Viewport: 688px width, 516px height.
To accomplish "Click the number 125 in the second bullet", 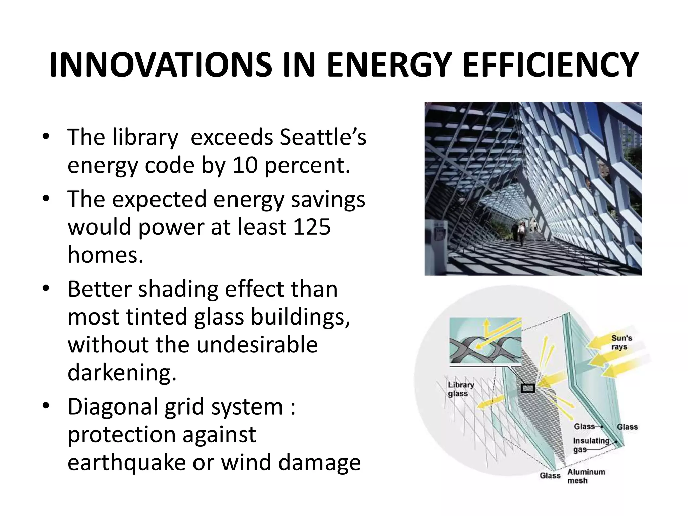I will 311,227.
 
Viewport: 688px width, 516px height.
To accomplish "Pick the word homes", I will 105,255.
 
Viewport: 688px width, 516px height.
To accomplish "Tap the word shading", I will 178,289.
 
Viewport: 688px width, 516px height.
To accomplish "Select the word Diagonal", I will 113,406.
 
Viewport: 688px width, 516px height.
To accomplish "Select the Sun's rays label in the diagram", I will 621,342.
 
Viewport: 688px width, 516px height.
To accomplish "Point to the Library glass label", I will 461,389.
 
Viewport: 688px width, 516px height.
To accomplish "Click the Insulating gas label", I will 591,445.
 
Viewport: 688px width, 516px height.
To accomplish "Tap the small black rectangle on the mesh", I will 528,389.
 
